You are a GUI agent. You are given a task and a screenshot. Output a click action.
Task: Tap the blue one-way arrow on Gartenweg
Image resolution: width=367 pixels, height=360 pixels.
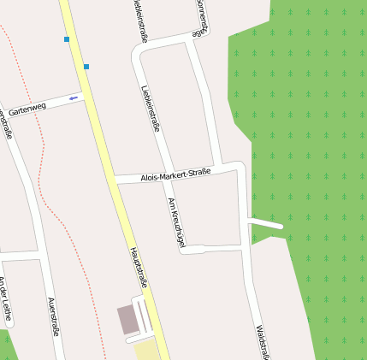(x=73, y=98)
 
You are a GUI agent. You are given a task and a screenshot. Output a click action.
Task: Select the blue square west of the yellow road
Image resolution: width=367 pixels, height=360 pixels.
(x=66, y=39)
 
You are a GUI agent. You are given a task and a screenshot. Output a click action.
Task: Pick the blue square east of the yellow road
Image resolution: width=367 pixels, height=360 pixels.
(x=86, y=67)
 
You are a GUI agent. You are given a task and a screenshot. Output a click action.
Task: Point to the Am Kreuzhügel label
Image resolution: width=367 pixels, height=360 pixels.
(x=176, y=221)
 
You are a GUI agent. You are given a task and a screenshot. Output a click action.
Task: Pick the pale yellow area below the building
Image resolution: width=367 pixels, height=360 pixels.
(x=146, y=350)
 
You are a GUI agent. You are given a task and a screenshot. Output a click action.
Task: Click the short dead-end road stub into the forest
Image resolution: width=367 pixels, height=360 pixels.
(x=265, y=223)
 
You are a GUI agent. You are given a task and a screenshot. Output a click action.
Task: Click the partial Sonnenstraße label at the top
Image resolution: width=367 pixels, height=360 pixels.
(x=201, y=17)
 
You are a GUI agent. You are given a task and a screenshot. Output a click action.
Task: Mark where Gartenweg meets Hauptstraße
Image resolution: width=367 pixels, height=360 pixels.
(x=84, y=93)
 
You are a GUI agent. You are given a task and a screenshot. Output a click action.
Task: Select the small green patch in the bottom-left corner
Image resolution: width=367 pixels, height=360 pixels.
(x=6, y=346)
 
